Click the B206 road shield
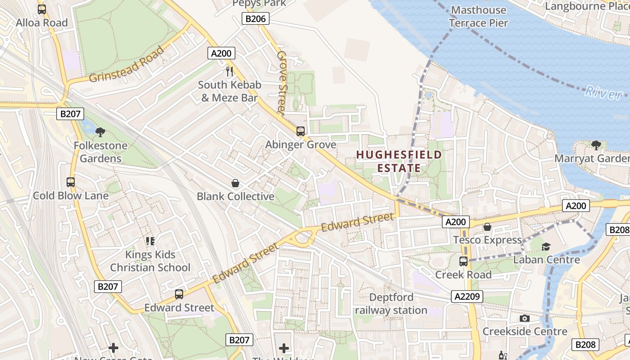click(x=256, y=18)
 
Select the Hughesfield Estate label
click(x=399, y=162)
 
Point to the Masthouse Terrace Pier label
click(x=478, y=16)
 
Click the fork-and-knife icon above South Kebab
click(x=229, y=71)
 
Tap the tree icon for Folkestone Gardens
click(x=100, y=132)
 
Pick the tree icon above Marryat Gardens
click(x=596, y=145)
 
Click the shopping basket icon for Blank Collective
click(x=235, y=183)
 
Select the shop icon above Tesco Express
click(x=487, y=227)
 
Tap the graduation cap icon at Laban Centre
click(x=546, y=247)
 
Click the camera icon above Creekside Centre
click(x=524, y=319)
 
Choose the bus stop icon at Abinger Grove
click(x=300, y=131)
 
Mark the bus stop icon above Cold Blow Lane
click(x=71, y=182)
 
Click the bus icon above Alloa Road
click(x=42, y=9)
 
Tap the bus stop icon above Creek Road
click(x=463, y=261)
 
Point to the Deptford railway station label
click(x=391, y=304)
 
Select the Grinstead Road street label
click(x=127, y=64)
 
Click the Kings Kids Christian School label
click(x=150, y=261)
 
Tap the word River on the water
click(x=603, y=93)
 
